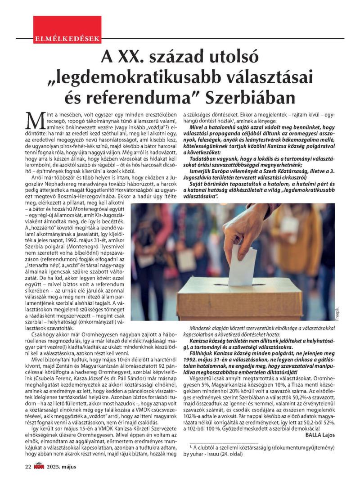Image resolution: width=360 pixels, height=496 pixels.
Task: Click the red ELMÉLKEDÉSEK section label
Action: pyautogui.click(x=67, y=38)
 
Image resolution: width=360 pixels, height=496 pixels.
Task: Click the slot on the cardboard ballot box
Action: pyautogui.click(x=234, y=284)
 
